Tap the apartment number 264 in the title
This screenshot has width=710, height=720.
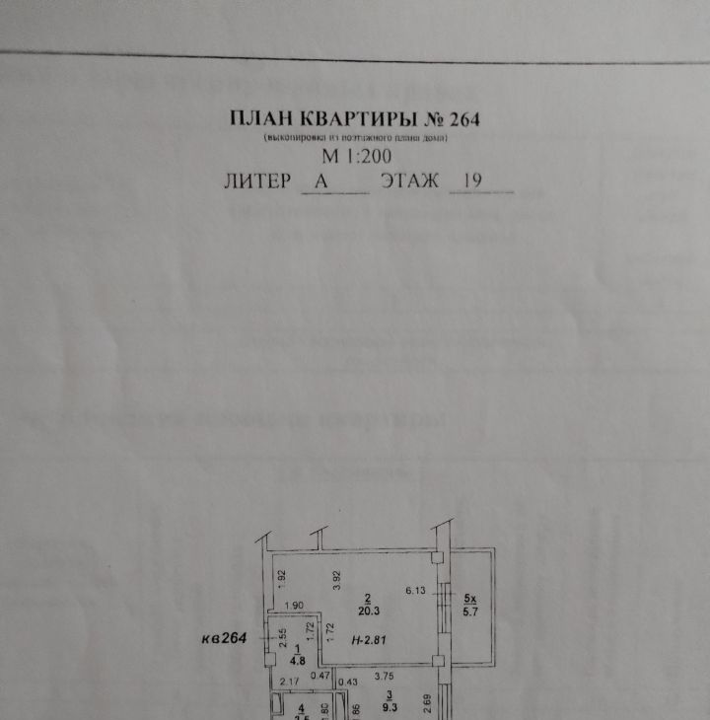click(463, 119)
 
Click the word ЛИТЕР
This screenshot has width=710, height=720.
click(258, 181)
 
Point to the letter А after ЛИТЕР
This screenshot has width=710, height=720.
click(319, 181)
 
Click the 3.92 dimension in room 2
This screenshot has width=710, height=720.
click(337, 581)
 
